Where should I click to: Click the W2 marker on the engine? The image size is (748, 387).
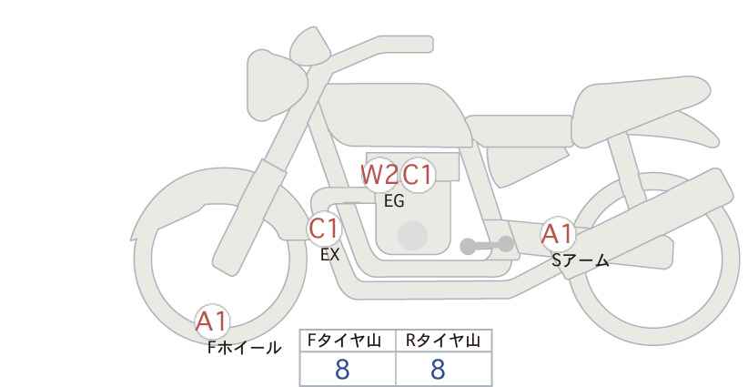pyautogui.click(x=379, y=175)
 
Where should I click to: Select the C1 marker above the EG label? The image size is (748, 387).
pyautogui.click(x=417, y=175)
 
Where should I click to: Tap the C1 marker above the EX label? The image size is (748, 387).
pyautogui.click(x=324, y=229)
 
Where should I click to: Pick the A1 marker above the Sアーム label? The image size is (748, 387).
pyautogui.click(x=557, y=234)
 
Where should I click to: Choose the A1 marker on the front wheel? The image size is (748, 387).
pyautogui.click(x=212, y=321)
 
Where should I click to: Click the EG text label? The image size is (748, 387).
pyautogui.click(x=394, y=201)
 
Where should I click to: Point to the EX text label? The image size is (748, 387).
pyautogui.click(x=329, y=255)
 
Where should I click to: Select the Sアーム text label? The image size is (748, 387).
pyautogui.click(x=580, y=260)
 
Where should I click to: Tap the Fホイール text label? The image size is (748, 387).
pyautogui.click(x=244, y=348)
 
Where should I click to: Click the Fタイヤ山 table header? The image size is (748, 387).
pyautogui.click(x=344, y=341)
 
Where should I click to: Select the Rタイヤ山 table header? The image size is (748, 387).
pyautogui.click(x=442, y=341)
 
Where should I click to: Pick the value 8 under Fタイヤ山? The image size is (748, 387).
pyautogui.click(x=342, y=370)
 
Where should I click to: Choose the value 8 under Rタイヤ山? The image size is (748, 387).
pyautogui.click(x=438, y=370)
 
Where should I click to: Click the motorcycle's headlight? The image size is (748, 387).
pyautogui.click(x=276, y=85)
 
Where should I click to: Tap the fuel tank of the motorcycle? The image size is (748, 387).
pyautogui.click(x=396, y=115)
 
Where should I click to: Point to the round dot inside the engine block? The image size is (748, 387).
pyautogui.click(x=412, y=235)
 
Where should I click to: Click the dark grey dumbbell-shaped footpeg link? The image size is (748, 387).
pyautogui.click(x=487, y=245)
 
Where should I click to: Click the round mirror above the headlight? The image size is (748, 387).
pyautogui.click(x=310, y=46)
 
